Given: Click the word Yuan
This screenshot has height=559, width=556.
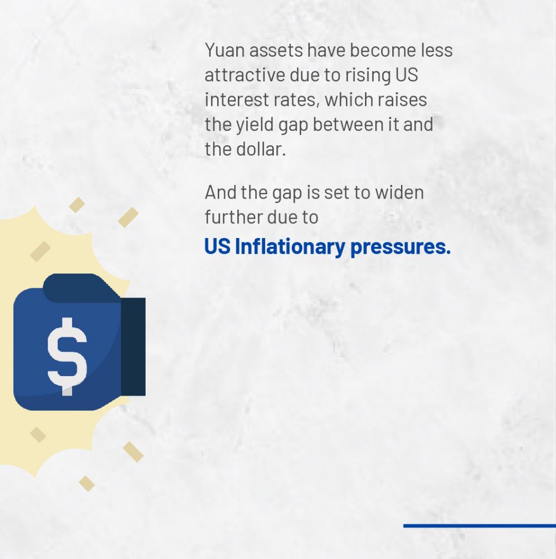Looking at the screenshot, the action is pos(225,50).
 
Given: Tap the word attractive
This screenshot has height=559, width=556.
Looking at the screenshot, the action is pos(245,75).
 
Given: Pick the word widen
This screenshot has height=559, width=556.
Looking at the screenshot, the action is pos(399,192).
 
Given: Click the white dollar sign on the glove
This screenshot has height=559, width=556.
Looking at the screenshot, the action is pos(67,356).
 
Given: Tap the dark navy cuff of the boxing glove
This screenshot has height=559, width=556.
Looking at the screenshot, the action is pos(133,347).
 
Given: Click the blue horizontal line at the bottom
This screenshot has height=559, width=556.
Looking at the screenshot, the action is pos(480,526).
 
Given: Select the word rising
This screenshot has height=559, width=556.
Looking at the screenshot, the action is pos(367,75).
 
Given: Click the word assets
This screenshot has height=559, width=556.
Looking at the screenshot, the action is pos(276,50).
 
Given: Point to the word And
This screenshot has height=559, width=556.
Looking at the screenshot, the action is pos(220,192).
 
